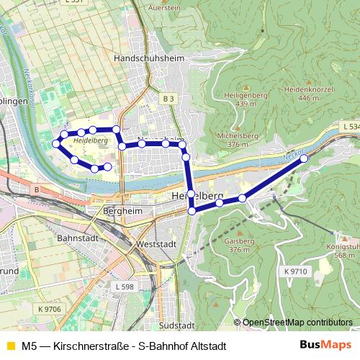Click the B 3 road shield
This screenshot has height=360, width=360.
pyautogui.click(x=168, y=98)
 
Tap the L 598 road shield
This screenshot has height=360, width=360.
pyautogui.click(x=124, y=286)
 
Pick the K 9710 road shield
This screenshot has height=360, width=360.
pyautogui.click(x=295, y=271)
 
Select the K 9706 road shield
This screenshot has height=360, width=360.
pyautogui.click(x=49, y=308)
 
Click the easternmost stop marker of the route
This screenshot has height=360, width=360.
pyautogui.click(x=303, y=158)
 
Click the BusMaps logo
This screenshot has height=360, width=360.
pyautogui.click(x=326, y=345)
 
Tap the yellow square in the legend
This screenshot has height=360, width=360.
pyautogui.click(x=9, y=346)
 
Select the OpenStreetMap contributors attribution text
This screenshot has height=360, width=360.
pyautogui.click(x=297, y=322)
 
